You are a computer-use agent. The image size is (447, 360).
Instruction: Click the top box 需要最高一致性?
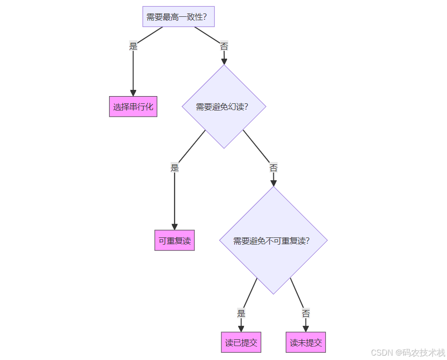[179, 17]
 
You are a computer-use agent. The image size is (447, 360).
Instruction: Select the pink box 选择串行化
[133, 107]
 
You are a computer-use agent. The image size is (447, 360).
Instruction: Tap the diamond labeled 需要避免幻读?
[224, 107]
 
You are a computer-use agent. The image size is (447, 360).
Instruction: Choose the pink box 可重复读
[175, 240]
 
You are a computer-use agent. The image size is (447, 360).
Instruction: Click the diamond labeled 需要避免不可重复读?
[273, 240]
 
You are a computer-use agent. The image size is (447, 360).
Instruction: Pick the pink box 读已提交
[241, 343]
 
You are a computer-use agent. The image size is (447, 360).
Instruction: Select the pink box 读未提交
[306, 343]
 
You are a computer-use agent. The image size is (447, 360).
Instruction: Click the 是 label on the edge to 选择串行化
[133, 47]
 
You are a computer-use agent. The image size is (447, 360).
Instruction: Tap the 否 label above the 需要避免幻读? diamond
[224, 47]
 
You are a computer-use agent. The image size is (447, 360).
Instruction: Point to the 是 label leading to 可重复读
[175, 168]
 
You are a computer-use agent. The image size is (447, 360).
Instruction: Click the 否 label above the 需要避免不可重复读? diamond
[273, 168]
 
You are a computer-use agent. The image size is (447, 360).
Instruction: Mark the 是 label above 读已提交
[241, 314]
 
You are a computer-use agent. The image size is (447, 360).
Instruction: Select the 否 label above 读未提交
[306, 314]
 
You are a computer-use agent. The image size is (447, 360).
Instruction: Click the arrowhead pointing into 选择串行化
[133, 93]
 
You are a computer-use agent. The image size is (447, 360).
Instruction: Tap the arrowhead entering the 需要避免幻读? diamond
[224, 61]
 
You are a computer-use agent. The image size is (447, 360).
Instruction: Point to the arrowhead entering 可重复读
[175, 226]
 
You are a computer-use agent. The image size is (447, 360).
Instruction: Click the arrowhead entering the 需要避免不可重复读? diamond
[273, 183]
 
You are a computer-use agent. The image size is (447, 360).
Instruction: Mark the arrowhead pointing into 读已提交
[241, 328]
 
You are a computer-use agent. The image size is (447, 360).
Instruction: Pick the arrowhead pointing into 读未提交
[306, 328]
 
